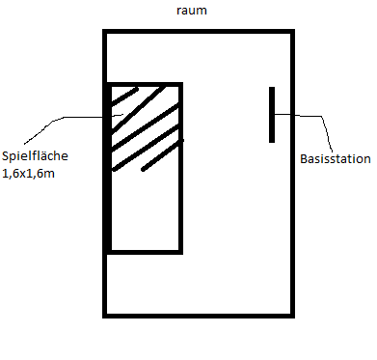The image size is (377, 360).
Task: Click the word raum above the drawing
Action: pos(192,11)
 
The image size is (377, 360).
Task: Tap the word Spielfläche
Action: pos(35,156)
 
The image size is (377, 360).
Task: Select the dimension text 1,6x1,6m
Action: pos(28,174)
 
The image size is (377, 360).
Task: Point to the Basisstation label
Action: pos(336,159)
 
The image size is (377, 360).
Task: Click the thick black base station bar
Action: pos(272,115)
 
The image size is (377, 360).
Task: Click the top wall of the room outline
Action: pos(199,31)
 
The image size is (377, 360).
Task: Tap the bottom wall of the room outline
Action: pos(199,316)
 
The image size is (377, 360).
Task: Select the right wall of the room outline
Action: pos(292,174)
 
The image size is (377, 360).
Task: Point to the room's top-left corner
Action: pos(105,31)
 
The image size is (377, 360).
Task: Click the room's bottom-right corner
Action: pos(292,316)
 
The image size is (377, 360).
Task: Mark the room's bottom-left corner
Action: pos(105,316)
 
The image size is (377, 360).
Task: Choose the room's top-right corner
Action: pos(292,31)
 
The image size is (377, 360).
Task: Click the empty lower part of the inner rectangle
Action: pos(145,210)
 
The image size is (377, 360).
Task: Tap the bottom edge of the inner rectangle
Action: pos(145,252)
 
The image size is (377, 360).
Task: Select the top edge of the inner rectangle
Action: pos(145,84)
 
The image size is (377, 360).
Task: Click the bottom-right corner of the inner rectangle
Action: pos(181,252)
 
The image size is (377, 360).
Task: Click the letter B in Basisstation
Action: pos(304,159)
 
